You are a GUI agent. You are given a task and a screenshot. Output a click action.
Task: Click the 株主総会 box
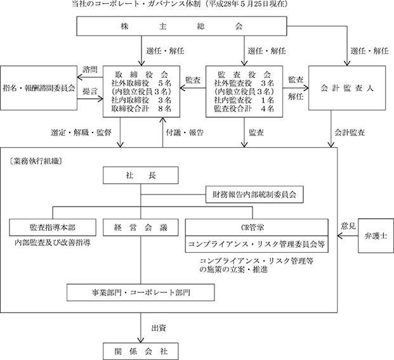181,26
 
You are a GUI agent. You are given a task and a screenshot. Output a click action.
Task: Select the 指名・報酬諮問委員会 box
39,88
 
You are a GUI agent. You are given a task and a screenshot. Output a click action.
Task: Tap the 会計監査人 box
347,88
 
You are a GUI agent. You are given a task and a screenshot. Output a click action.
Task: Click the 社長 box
141,175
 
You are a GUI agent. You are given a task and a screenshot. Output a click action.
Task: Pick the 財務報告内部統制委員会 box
254,195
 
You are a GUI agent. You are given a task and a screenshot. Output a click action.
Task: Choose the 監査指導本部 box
53,228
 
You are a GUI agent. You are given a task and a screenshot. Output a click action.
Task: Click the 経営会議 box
141,228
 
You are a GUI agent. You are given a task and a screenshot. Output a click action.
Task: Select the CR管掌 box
257,228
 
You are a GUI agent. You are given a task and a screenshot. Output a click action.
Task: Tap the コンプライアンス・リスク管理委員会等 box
257,244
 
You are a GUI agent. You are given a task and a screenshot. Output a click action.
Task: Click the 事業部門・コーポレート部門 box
141,292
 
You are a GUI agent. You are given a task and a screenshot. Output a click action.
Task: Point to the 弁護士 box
376,236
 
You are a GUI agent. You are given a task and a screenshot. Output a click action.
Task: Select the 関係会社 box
141,352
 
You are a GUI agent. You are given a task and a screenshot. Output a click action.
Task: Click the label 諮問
90,70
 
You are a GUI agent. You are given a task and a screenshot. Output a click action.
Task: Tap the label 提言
90,91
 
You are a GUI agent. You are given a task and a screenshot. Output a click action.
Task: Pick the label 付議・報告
185,132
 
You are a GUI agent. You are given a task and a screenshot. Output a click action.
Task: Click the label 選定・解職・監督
81,132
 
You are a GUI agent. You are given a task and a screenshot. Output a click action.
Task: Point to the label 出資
159,328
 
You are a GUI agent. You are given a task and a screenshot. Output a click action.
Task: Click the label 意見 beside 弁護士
348,226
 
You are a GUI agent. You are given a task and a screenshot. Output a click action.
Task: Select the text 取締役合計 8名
141,108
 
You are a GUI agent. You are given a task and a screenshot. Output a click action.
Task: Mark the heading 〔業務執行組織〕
35,161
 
